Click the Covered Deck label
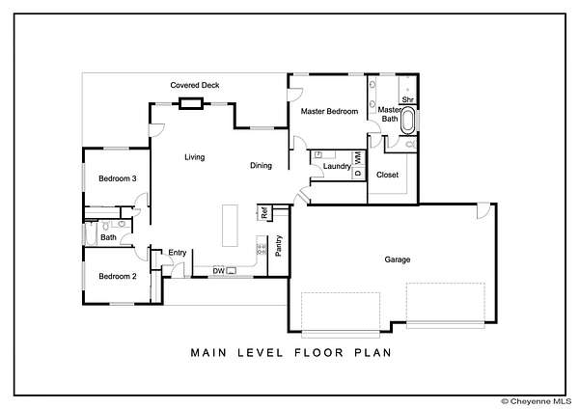[195, 85]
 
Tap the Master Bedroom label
[329, 111]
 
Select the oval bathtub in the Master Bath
[408, 121]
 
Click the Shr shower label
[407, 99]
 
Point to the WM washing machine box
[358, 158]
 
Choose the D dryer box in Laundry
[358, 173]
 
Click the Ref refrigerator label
[264, 213]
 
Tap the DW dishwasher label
[218, 271]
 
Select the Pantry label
[279, 246]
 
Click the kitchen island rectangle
[230, 226]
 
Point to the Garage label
[398, 259]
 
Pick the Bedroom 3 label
[118, 178]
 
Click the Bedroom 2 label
[118, 276]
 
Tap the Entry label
[178, 253]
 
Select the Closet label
[387, 175]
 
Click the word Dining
[262, 166]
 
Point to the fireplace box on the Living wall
[191, 103]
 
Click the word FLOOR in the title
[319, 352]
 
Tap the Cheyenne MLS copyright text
[537, 401]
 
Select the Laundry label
[337, 167]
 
